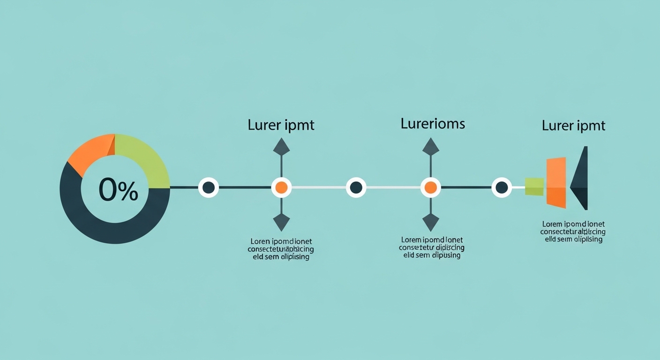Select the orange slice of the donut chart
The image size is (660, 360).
(90, 153)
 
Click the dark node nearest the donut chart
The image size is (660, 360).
(209, 187)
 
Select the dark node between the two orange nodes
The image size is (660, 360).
(356, 187)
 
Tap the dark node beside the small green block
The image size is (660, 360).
(502, 187)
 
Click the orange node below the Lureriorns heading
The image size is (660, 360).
(430, 187)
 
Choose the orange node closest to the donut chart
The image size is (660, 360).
(281, 187)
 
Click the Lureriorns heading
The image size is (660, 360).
(433, 124)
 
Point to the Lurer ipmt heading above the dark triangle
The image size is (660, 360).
(573, 126)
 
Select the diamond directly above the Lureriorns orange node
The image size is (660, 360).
(430, 147)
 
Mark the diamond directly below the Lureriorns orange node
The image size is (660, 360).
(430, 222)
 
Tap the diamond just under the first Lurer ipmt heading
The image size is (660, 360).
(281, 147)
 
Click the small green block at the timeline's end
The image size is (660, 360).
(534, 186)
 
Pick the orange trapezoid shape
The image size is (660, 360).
(556, 182)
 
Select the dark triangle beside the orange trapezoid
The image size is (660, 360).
(580, 179)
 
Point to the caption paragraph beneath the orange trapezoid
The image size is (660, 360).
(573, 232)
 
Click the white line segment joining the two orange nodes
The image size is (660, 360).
(319, 187)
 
